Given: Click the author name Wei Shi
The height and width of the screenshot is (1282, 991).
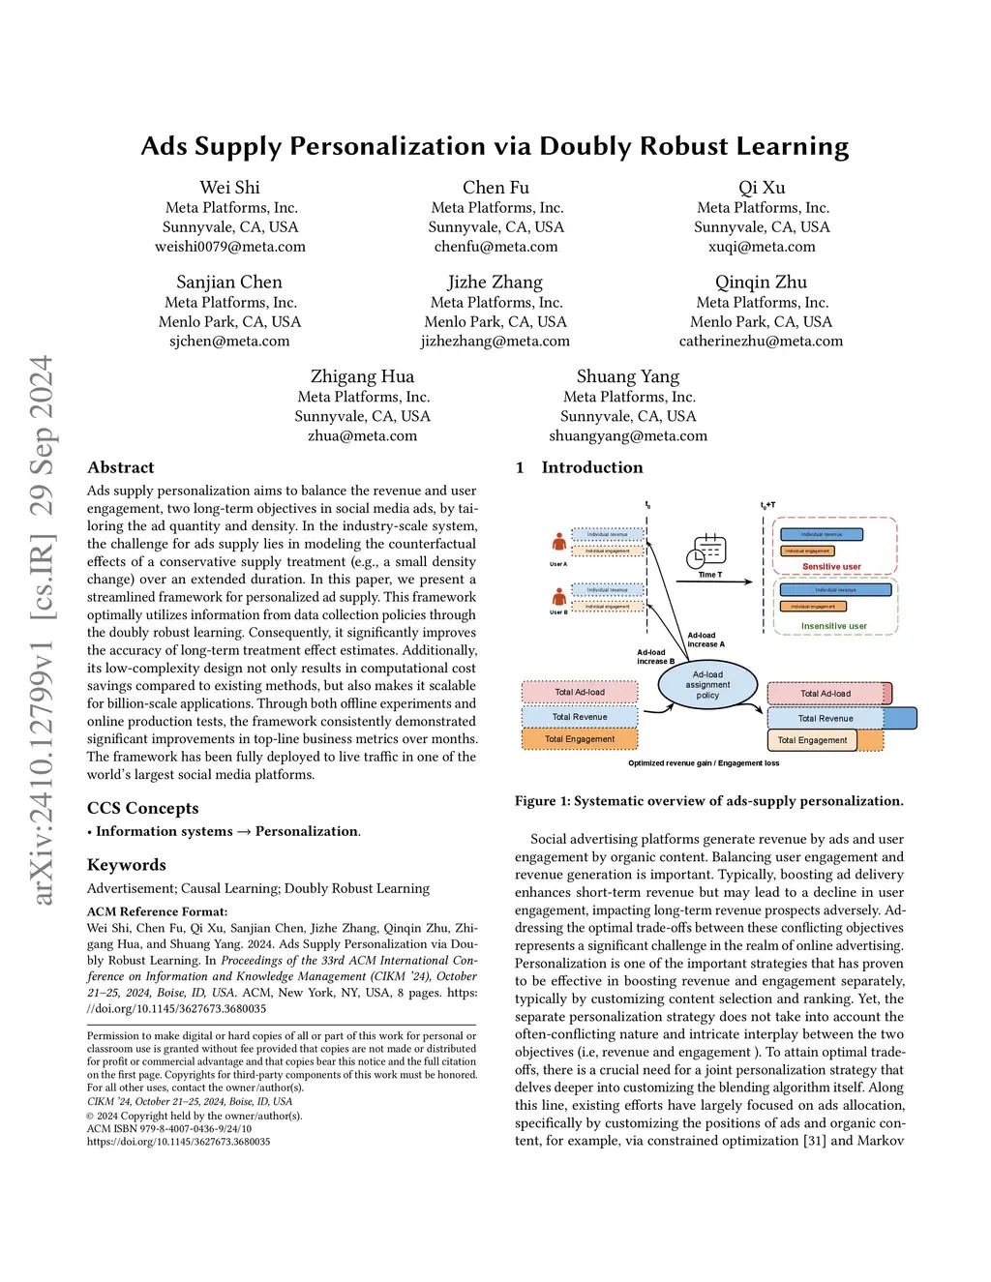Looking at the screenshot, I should click(229, 188).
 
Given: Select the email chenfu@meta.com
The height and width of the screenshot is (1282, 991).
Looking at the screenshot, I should click(495, 247).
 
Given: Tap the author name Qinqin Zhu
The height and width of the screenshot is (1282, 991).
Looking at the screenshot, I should click(761, 283).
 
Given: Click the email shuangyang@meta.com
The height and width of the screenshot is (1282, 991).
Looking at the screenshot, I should click(628, 436).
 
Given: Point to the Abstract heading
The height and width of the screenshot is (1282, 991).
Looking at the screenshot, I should click(120, 467).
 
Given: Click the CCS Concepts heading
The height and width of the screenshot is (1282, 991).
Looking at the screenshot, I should click(142, 808).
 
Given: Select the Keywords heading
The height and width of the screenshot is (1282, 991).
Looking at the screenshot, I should click(126, 865).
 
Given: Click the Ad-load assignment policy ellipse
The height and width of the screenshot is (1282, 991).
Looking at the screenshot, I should click(707, 684).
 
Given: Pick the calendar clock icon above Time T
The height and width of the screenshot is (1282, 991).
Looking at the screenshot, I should click(706, 552).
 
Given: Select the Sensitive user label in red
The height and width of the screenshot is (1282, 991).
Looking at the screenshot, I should click(831, 567).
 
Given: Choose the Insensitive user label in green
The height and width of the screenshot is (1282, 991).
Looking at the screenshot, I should click(833, 626).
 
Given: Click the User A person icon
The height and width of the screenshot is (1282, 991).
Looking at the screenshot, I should click(558, 543).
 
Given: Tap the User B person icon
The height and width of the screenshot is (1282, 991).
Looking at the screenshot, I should click(558, 596).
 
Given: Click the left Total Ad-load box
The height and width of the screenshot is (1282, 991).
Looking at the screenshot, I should click(580, 692).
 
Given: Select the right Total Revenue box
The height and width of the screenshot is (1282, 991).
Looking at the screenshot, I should click(826, 718).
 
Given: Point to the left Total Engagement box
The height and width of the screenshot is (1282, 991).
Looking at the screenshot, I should click(580, 739).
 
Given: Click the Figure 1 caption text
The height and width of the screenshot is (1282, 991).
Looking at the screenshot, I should click(708, 801).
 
